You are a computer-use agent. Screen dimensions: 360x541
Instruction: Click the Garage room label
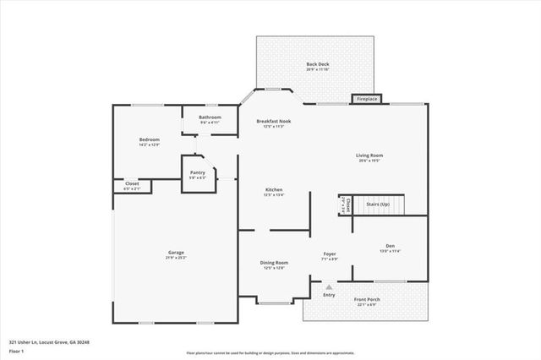coord(176,254)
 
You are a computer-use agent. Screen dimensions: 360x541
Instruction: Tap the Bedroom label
coord(149,139)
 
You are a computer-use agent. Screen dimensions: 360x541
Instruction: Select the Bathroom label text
coord(210,117)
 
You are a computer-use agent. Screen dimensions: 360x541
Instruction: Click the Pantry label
coord(197,173)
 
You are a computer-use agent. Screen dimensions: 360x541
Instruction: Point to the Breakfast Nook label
coord(273,122)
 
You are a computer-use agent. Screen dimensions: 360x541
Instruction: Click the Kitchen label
coord(274,190)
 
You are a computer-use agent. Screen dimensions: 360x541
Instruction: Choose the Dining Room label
coord(274,263)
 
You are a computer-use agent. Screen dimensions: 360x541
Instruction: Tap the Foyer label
coord(330,254)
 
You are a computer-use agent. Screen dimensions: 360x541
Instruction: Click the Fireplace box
coord(367,99)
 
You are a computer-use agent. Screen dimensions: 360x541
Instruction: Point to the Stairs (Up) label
coord(377,205)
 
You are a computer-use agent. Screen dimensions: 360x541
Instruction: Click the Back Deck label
coord(318,64)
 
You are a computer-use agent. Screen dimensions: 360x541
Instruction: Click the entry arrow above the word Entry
coord(329,286)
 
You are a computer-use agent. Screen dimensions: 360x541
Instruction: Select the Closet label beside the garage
coord(132,183)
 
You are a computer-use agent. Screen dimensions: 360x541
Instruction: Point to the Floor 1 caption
coord(17,350)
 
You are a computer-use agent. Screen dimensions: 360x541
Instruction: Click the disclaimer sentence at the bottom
coord(270,352)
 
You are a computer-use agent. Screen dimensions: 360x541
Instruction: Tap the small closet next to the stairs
coord(343,205)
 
